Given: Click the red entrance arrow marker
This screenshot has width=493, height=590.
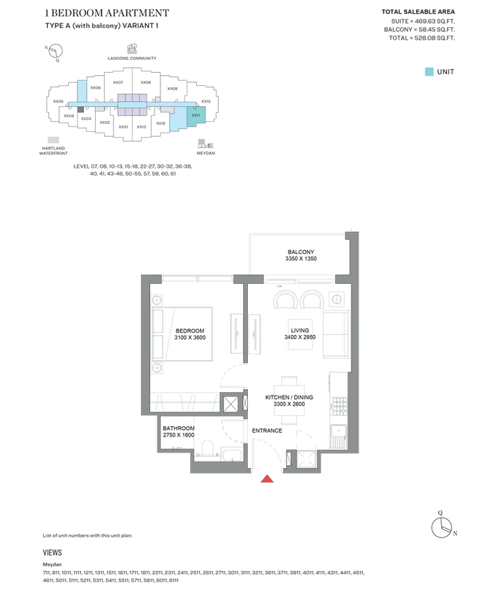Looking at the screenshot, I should pos(267,479).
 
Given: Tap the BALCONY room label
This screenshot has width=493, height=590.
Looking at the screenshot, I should pos(301,252).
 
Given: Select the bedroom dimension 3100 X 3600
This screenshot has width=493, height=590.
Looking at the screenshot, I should pos(190,338).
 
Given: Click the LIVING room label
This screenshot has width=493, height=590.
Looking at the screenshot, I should pos(300,330).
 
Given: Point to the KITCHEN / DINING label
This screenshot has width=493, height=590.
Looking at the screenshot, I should pos(289,397).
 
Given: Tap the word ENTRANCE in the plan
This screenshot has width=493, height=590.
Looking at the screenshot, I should pos(267,431).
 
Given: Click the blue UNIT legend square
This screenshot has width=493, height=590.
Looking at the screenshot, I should pos(429,71).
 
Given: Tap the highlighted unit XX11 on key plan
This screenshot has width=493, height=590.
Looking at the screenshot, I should pos(196,115).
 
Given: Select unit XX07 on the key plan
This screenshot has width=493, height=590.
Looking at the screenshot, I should pos(118,83).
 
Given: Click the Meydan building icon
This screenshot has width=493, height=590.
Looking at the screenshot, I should pos(201,143).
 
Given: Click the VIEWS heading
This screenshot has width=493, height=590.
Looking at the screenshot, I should pos(52,553).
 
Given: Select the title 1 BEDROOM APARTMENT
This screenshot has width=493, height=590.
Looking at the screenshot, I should pos(108,13).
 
